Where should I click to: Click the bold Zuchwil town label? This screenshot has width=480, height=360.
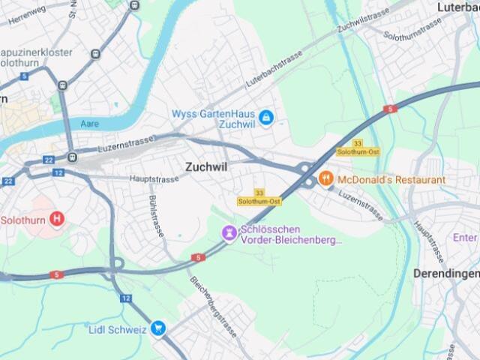pos(206,167)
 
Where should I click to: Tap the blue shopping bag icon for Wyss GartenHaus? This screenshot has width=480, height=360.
pos(265,118)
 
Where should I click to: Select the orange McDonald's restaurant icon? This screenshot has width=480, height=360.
pos(325,179)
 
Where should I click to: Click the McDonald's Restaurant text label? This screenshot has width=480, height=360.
pos(391,180)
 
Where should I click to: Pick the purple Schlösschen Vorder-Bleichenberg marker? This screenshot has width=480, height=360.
pos(229,234)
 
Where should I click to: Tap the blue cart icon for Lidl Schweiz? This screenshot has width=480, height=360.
pos(157,328)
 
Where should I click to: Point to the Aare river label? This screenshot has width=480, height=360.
pos(91,122)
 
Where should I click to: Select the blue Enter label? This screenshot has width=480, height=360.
pos(465,238)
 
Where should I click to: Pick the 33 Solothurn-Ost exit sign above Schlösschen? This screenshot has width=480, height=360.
pos(259,197)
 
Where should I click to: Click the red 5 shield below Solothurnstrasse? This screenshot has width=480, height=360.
pos(389,109)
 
